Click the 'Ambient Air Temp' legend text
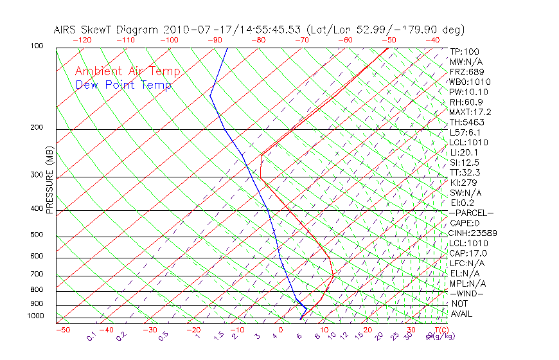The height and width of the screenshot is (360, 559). pyautogui.click(x=127, y=71)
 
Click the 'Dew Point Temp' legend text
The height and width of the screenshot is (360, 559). pyautogui.click(x=123, y=85)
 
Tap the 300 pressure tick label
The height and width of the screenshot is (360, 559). pyautogui.click(x=37, y=175)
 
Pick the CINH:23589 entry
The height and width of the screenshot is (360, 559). pyautogui.click(x=472, y=233)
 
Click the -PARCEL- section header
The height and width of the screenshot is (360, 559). pyautogui.click(x=471, y=213)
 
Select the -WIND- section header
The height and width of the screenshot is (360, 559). pyautogui.click(x=466, y=293)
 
